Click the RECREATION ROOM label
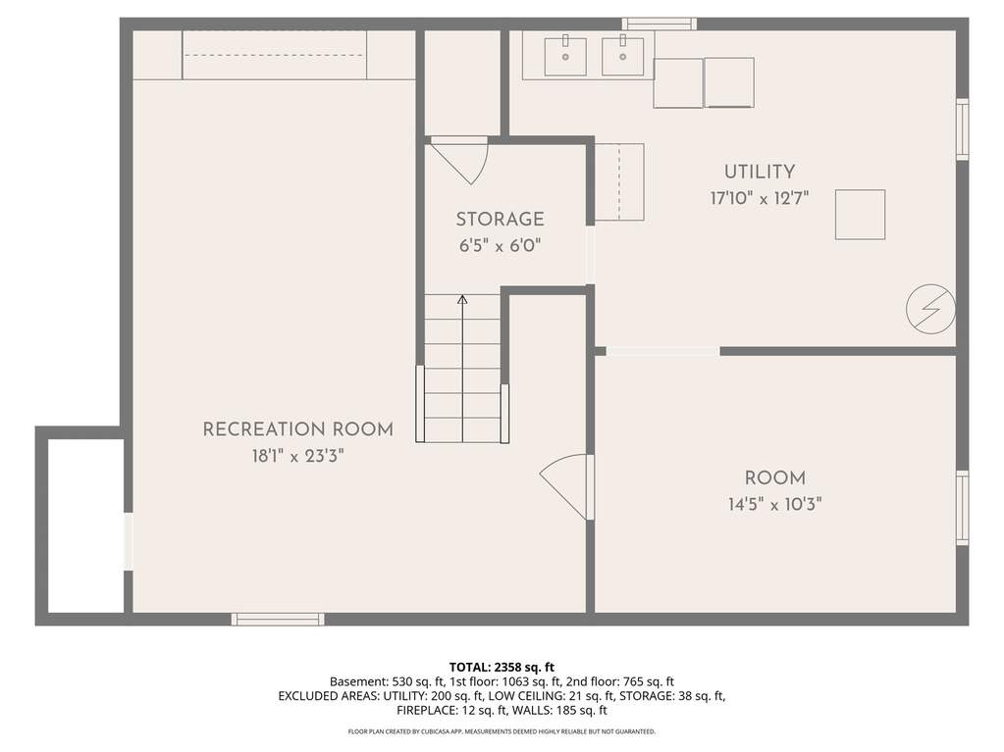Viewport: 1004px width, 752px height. [x=297, y=429]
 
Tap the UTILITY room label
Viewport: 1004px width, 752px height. [x=760, y=172]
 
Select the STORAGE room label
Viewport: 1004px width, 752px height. [x=501, y=220]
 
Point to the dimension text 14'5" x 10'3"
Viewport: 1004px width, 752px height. [x=774, y=505]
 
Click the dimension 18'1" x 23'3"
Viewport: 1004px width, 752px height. [x=297, y=456]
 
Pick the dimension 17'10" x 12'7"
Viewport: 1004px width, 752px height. [x=760, y=198]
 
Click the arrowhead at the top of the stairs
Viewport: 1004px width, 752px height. [x=462, y=299]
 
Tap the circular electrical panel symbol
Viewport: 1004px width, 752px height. [x=930, y=309]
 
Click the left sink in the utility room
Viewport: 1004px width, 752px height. [x=565, y=56]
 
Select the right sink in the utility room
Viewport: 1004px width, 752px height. [x=622, y=56]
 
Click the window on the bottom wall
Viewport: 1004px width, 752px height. [x=278, y=619]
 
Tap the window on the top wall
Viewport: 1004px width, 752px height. [x=660, y=24]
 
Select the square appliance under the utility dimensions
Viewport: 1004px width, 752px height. [x=860, y=215]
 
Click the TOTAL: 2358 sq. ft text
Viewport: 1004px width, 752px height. [x=502, y=668]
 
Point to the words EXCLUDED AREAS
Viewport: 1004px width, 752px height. [x=329, y=696]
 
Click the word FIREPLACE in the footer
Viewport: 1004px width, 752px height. [x=426, y=710]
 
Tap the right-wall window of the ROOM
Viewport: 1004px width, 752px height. [x=963, y=508]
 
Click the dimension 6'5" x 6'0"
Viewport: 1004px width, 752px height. [x=501, y=245]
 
